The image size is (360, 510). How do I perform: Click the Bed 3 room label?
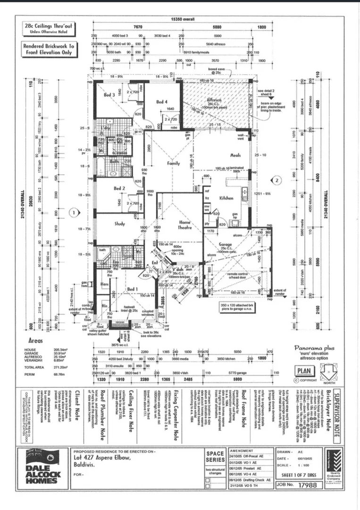click(109, 95)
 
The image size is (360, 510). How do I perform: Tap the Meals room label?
click(235, 155)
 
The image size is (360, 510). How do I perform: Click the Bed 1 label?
click(132, 289)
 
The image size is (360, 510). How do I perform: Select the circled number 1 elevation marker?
click(73, 212)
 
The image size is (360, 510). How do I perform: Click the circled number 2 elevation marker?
click(277, 179)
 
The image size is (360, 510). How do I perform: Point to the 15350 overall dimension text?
click(183, 19)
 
